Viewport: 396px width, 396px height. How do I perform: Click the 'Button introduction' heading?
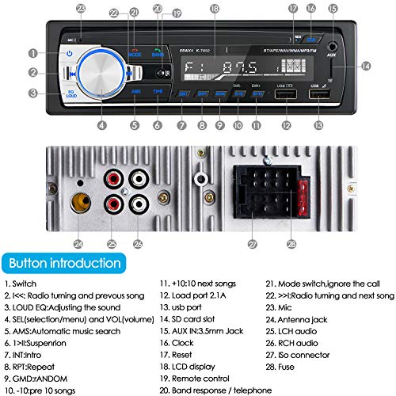[60, 262]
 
